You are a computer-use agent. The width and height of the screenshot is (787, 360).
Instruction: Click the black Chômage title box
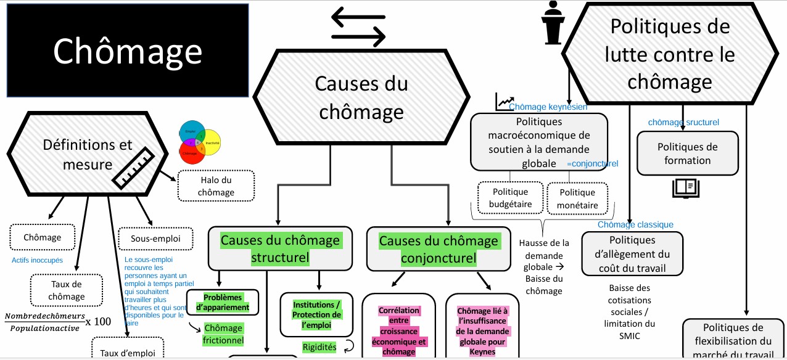click(127, 51)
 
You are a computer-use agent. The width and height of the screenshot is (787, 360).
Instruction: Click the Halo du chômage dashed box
click(216, 185)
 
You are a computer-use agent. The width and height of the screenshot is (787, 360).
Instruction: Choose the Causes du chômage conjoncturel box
click(438, 249)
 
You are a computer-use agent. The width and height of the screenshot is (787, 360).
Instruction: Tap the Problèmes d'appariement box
click(222, 302)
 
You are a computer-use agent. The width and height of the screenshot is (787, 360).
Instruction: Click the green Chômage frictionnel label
click(223, 333)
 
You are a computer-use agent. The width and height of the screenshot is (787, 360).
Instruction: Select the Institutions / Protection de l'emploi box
click(317, 315)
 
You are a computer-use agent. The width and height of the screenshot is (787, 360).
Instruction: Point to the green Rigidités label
click(319, 347)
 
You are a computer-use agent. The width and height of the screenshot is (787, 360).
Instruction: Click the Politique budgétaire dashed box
click(510, 198)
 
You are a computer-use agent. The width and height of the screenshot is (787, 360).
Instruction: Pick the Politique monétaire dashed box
click(577, 198)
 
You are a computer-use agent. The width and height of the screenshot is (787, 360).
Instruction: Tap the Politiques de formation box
click(687, 153)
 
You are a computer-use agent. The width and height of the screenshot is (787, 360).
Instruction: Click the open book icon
click(685, 187)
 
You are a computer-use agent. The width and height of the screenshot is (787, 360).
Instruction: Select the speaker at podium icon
click(553, 22)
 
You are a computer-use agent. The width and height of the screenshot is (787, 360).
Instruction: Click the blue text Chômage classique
click(635, 224)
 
